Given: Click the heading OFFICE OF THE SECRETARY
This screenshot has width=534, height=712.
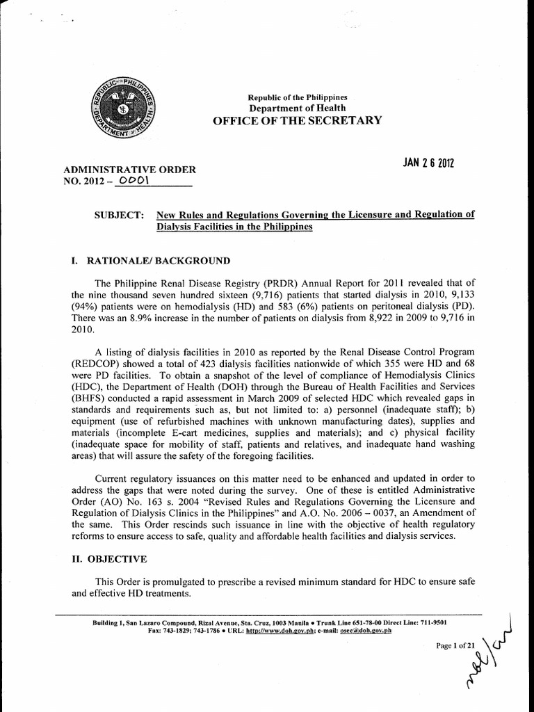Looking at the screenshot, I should click(297, 120).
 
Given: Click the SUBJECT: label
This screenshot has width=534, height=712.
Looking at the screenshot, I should click(119, 216).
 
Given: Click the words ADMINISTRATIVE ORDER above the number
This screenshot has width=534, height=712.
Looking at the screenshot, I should click(129, 170).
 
